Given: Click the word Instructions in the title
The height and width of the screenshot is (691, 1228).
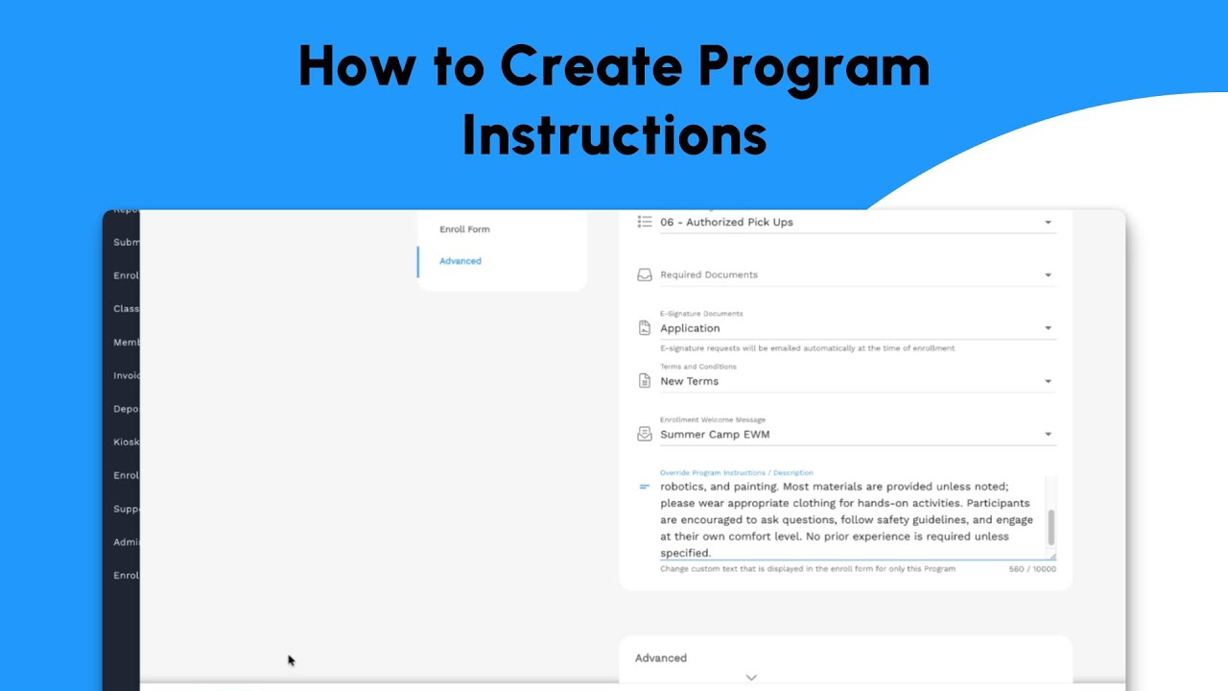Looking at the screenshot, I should click(614, 136).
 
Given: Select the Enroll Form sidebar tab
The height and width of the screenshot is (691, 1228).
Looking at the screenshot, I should click(464, 229).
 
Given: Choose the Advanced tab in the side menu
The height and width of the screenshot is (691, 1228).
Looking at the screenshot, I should click(460, 261).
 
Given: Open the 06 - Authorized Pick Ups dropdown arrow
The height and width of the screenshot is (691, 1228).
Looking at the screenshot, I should click(1048, 223).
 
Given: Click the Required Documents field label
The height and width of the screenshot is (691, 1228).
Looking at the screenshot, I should click(709, 275).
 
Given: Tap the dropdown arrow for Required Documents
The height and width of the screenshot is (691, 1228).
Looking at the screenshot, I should click(1048, 275).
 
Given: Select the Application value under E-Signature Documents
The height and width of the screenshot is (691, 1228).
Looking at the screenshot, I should click(690, 328).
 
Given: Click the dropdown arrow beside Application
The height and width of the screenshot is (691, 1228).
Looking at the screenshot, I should click(1048, 328).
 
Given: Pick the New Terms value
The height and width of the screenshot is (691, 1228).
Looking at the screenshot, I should click(689, 381).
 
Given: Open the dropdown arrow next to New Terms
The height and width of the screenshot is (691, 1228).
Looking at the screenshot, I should click(1048, 381).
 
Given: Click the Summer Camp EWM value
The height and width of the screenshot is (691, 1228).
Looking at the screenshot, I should click(715, 435).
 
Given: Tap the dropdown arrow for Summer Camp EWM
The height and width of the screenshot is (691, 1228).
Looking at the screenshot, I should click(1048, 435).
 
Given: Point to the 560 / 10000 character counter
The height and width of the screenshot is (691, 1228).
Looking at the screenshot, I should click(1032, 569).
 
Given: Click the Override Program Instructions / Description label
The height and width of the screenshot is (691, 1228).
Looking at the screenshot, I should click(736, 473).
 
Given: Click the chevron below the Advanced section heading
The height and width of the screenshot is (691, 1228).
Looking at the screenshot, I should click(751, 677).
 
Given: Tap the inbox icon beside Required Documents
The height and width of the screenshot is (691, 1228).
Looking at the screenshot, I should click(645, 275).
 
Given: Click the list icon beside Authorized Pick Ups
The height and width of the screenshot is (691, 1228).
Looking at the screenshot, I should click(645, 222).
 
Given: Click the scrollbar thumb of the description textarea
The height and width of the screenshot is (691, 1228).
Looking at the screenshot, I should click(1051, 527).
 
